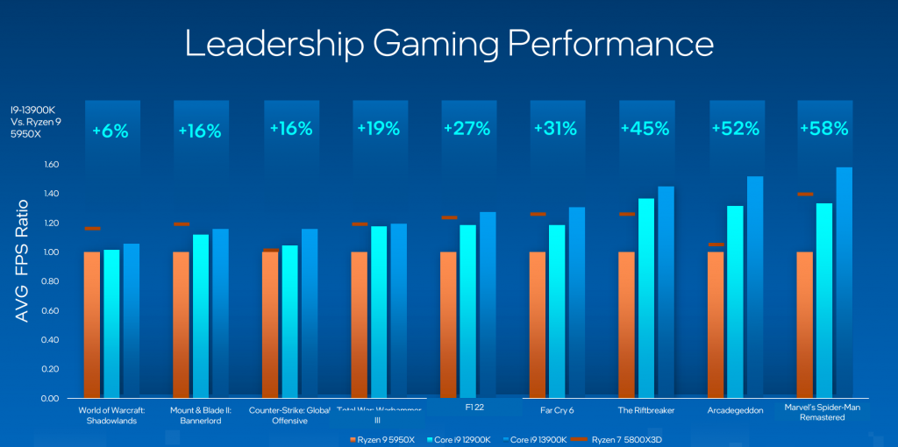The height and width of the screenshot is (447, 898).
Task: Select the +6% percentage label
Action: click(x=110, y=131)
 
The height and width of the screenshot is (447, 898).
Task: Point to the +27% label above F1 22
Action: click(x=466, y=130)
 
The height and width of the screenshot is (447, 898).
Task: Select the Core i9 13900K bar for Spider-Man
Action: click(x=844, y=280)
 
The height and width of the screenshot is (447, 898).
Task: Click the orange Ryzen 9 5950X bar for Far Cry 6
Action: click(x=538, y=324)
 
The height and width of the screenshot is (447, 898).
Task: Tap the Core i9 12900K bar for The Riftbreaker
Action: click(x=645, y=298)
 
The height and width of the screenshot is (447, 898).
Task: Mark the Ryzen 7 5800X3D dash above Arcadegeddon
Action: click(x=716, y=245)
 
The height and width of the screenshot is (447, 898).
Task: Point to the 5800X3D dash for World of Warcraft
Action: click(x=92, y=229)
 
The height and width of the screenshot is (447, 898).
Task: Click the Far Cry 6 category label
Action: click(x=555, y=409)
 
